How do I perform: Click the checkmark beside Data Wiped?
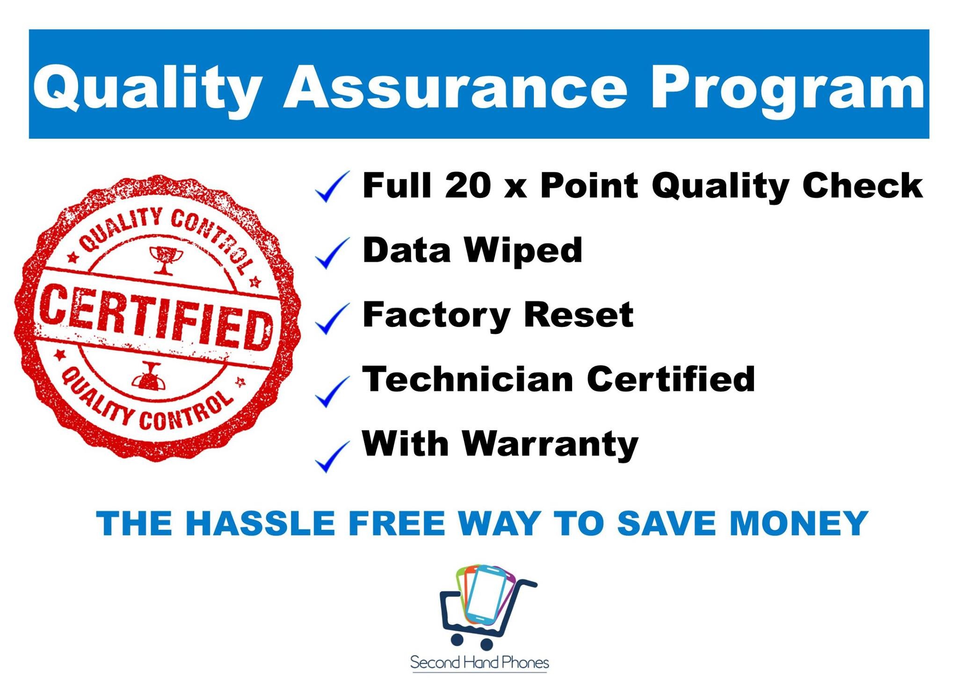pyautogui.click(x=332, y=253)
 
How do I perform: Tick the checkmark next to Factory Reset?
pyautogui.click(x=332, y=318)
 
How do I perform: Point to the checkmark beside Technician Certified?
pyautogui.click(x=332, y=391)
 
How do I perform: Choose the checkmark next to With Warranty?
pyautogui.click(x=332, y=457)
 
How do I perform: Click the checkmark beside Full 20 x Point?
pyautogui.click(x=332, y=187)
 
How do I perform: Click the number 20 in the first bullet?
pyautogui.click(x=468, y=185)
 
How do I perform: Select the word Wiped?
pyautogui.click(x=524, y=251)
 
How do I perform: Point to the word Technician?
pyautogui.click(x=468, y=379)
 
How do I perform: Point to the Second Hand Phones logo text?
pyautogui.click(x=479, y=662)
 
